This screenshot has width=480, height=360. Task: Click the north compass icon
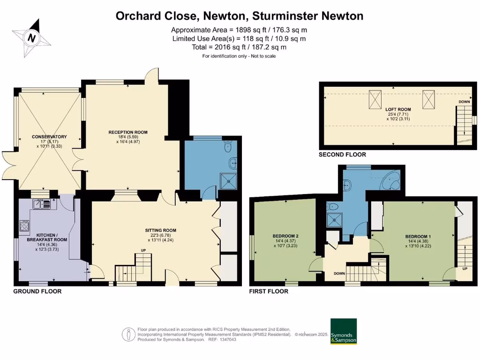(31, 37)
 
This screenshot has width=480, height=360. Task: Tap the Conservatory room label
(49, 136)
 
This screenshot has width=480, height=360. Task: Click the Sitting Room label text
(160, 230)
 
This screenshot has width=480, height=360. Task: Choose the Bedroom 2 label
(285, 236)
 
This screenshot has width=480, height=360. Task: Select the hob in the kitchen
(24, 226)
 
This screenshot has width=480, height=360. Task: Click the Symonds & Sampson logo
(344, 332)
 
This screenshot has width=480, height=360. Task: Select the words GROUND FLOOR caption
(37, 291)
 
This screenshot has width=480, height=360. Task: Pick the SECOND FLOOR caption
(342, 154)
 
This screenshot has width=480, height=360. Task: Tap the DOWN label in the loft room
(464, 102)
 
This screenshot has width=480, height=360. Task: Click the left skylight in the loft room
(375, 99)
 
